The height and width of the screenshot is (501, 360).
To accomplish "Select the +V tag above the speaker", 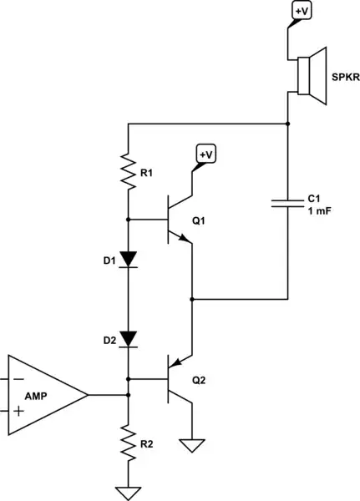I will pos(300,11).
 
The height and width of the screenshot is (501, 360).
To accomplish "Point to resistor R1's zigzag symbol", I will pos(128,170).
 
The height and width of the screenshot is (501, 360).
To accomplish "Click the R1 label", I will pos(147,173).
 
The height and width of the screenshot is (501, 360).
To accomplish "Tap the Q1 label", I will pos(199,222).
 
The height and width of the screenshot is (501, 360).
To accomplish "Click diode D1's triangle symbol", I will pos(128,260).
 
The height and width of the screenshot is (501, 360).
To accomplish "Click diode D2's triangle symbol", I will pos(128,338).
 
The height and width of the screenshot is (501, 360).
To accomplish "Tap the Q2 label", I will pos(199,380).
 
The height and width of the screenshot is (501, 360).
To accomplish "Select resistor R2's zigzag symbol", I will pos(128,443).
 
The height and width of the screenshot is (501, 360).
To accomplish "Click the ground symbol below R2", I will pos(128,492).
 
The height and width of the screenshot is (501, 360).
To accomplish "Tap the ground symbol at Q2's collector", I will pos(193,446).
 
